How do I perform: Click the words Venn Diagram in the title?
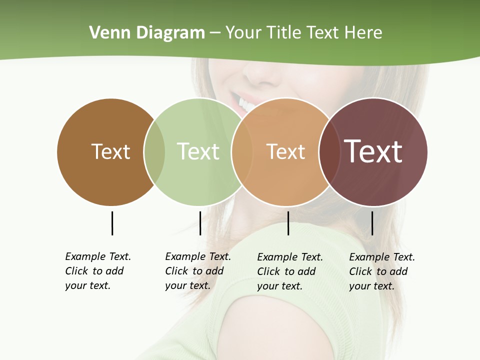pyautogui.click(x=147, y=33)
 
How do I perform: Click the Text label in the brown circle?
pyautogui.click(x=110, y=151)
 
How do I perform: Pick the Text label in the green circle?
pyautogui.click(x=198, y=151)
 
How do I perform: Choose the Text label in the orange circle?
pyautogui.click(x=285, y=151)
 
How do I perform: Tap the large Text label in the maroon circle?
pyautogui.click(x=373, y=151)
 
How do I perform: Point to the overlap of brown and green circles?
pyautogui.click(x=154, y=152)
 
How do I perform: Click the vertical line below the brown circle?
pyautogui.click(x=112, y=223)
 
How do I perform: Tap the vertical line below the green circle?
pyautogui.click(x=200, y=223)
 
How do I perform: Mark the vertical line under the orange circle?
pyautogui.click(x=288, y=223)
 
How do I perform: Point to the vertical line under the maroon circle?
pyautogui.click(x=372, y=223)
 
